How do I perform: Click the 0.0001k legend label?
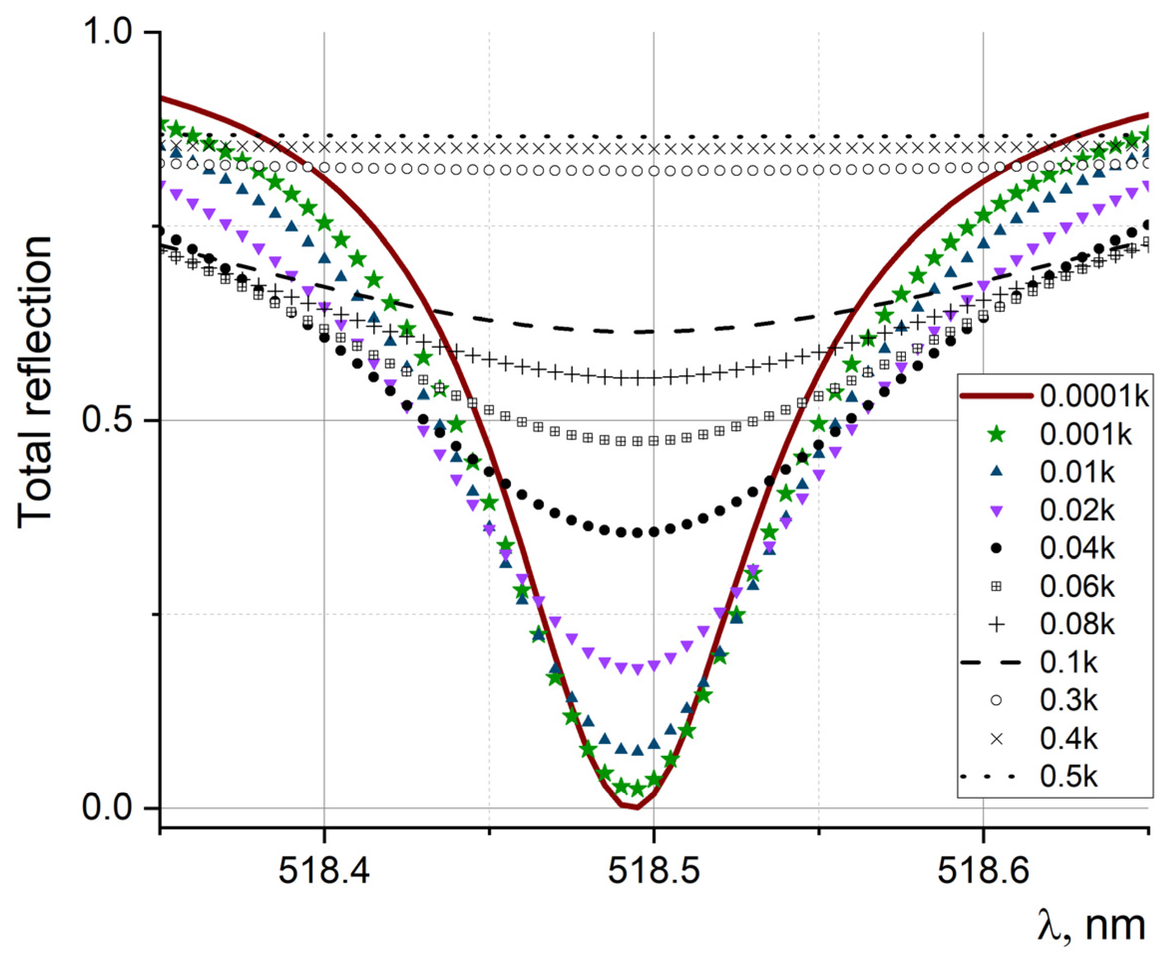point(1094,396)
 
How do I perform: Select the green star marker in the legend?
point(996,435)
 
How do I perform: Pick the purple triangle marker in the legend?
point(996,511)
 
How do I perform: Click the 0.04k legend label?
point(1077,549)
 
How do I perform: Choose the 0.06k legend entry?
point(1077,587)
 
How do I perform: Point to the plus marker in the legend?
point(996,625)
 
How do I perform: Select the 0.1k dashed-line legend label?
point(1068,662)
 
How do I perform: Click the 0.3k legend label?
point(1068,701)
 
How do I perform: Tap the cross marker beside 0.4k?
point(996,739)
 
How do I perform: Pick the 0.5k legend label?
point(1068,777)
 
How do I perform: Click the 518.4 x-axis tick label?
point(324,871)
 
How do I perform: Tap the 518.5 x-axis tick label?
point(654,871)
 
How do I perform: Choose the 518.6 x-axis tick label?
point(983,871)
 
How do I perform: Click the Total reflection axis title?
point(34,381)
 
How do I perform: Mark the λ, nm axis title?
point(1091,926)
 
